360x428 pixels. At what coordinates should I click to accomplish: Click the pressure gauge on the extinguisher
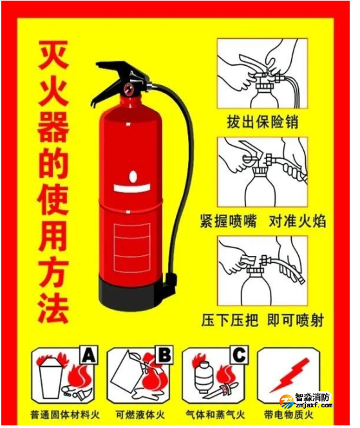[x=128, y=89]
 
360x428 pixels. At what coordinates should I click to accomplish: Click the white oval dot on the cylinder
[x=133, y=177]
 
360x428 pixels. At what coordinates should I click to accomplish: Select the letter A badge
[x=89, y=355]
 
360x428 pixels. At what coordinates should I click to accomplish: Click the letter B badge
[x=164, y=355]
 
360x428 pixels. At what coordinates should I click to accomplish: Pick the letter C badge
[x=239, y=355]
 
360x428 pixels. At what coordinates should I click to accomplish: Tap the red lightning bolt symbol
[x=290, y=374]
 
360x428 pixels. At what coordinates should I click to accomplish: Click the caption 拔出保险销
[x=262, y=122]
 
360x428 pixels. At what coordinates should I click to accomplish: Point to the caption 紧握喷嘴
[x=229, y=221]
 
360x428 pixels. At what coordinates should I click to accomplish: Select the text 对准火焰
[x=298, y=221]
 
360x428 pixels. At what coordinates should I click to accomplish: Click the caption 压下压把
[x=230, y=320]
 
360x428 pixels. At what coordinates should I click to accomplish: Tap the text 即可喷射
[x=296, y=320]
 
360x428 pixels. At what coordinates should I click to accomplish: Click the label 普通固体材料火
[x=65, y=414]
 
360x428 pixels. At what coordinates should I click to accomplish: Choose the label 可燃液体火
[x=140, y=414]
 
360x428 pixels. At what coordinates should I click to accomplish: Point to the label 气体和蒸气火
[x=215, y=414]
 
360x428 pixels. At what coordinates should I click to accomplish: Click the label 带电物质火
[x=288, y=414]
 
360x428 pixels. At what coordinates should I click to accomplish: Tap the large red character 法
[x=53, y=309]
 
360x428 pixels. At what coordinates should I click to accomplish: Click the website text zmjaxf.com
[x=314, y=405]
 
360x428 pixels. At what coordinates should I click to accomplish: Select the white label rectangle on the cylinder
[x=132, y=248]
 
